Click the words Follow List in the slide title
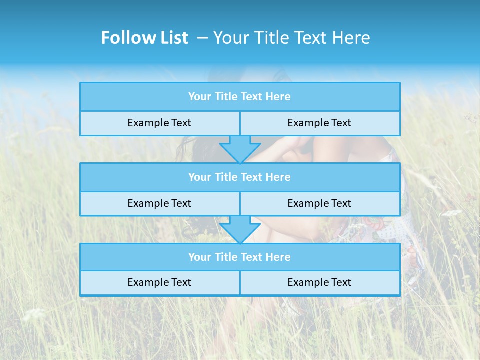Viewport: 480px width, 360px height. coord(144,38)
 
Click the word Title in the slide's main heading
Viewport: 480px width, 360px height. coord(270,38)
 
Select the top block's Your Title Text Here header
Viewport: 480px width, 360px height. coord(239,97)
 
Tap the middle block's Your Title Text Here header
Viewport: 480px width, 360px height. coord(239,177)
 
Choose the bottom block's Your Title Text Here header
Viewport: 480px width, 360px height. coord(239,257)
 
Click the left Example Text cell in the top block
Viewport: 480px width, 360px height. coord(159,123)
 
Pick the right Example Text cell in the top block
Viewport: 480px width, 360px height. coord(319,123)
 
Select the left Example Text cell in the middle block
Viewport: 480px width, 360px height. coord(159,203)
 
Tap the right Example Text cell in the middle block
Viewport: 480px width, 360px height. coord(319,203)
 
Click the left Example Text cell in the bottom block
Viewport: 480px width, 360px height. coord(159,282)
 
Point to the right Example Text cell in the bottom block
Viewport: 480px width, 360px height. coord(319,282)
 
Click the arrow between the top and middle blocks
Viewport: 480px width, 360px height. coord(240,149)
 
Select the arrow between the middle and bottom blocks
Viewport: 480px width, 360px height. coord(240,229)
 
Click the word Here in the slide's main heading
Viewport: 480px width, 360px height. coord(352,38)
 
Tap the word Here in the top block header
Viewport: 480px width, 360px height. coord(278,97)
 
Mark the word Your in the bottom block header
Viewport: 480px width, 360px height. coord(200,257)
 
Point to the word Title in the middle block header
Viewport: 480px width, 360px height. coord(225,177)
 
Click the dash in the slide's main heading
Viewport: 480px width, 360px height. coord(202,38)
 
